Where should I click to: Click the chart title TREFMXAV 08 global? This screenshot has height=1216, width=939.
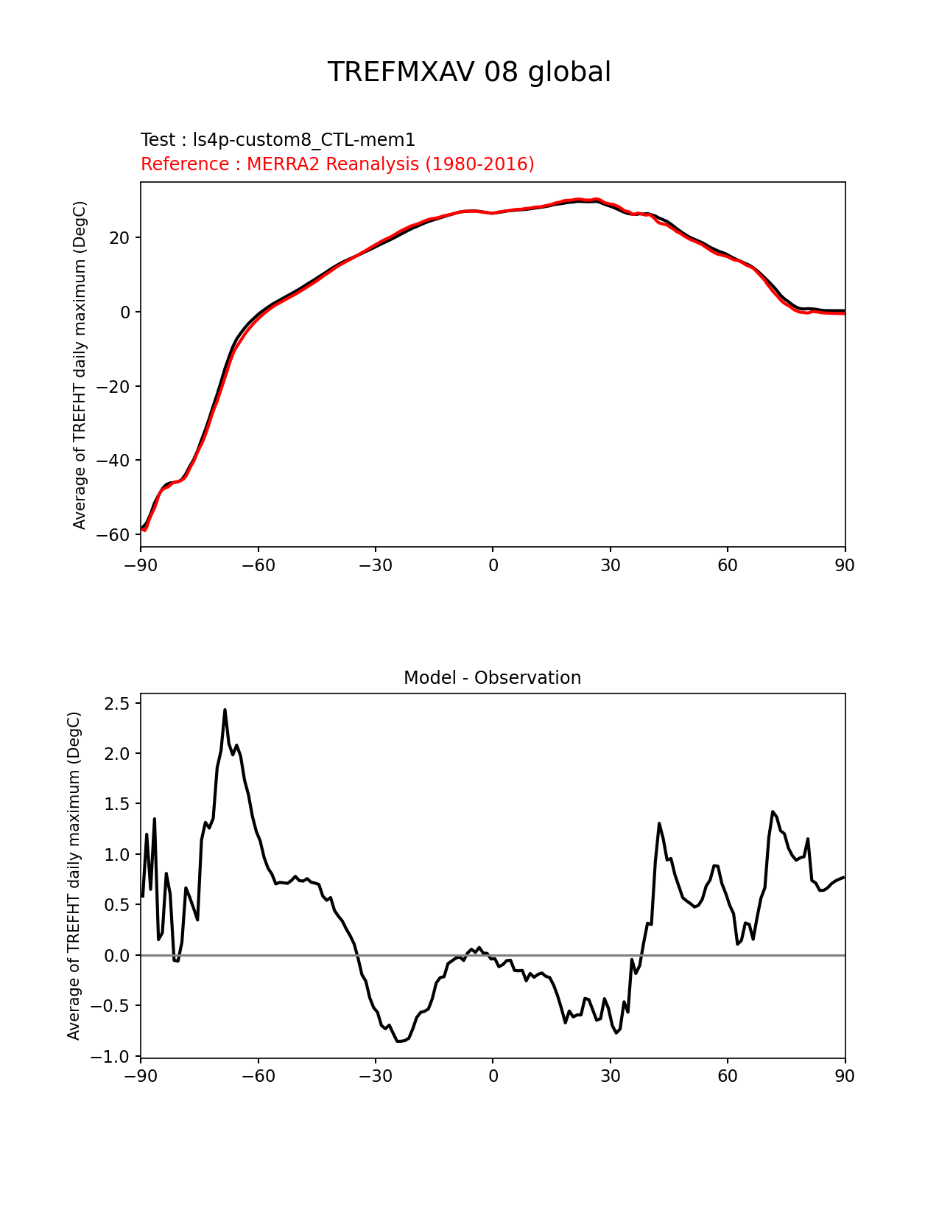pos(469,72)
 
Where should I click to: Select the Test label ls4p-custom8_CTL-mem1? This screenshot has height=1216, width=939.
pos(278,140)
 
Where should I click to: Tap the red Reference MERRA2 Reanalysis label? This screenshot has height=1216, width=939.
pos(337,164)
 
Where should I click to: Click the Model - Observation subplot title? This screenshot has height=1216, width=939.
pos(492,678)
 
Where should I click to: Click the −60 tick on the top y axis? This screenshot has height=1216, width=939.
pos(113,535)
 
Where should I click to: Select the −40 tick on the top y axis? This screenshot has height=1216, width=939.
pos(113,461)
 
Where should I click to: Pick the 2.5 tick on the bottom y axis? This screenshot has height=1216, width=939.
pos(116,704)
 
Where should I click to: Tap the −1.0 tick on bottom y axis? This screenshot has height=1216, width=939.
pos(110,1057)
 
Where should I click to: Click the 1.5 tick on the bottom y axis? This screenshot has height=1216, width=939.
pos(116,804)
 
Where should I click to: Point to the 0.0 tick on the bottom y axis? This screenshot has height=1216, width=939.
pos(116,956)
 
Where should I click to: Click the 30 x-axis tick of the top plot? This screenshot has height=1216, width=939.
pos(610,565)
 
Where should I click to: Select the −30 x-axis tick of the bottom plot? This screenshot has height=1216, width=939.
pos(375,1077)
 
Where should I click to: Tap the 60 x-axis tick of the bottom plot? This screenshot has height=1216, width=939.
pos(727,1077)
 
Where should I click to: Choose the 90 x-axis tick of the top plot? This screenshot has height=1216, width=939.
pos(845,565)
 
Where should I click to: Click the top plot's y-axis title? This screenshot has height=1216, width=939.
pos(80,365)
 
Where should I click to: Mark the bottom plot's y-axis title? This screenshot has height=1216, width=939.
pos(74,876)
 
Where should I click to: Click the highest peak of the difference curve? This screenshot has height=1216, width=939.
pos(225,710)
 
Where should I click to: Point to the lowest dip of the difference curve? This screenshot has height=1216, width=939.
pos(398,1041)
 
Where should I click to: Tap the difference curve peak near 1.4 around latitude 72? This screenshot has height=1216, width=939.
pos(773,811)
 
